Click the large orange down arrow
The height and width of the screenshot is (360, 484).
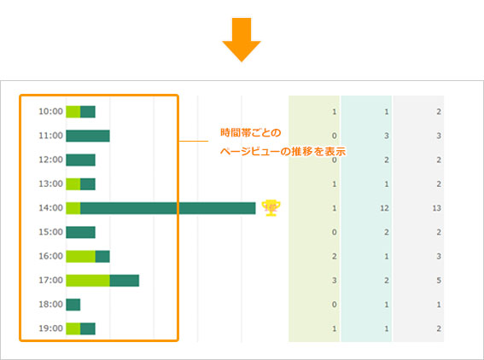tap(242, 38)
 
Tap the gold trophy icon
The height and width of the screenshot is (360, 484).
tap(271, 208)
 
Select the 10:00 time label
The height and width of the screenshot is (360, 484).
tap(50, 112)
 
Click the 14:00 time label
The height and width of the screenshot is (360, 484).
tap(50, 208)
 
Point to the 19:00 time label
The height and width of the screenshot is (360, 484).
tap(50, 328)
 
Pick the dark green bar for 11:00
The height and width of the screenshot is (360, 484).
tap(88, 136)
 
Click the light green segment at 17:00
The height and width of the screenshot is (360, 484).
tap(88, 281)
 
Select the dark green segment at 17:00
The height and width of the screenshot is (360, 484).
tap(125, 281)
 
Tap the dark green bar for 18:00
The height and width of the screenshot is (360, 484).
tap(73, 305)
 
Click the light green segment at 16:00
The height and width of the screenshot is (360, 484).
tap(80, 256)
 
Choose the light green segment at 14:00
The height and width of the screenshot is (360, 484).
tap(73, 208)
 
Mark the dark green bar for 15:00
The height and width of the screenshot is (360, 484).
tap(80, 232)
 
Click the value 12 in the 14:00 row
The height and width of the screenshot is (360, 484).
tap(384, 208)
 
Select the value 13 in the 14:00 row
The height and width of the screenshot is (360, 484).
tap(436, 208)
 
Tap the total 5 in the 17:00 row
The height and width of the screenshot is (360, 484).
tap(439, 281)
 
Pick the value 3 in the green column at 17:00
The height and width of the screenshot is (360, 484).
tap(335, 281)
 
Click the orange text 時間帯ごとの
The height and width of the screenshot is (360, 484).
tap(251, 132)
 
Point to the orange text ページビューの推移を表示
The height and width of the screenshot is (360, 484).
tap(283, 152)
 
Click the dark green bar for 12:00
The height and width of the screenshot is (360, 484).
tap(80, 160)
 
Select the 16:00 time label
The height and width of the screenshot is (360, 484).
tap(50, 256)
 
